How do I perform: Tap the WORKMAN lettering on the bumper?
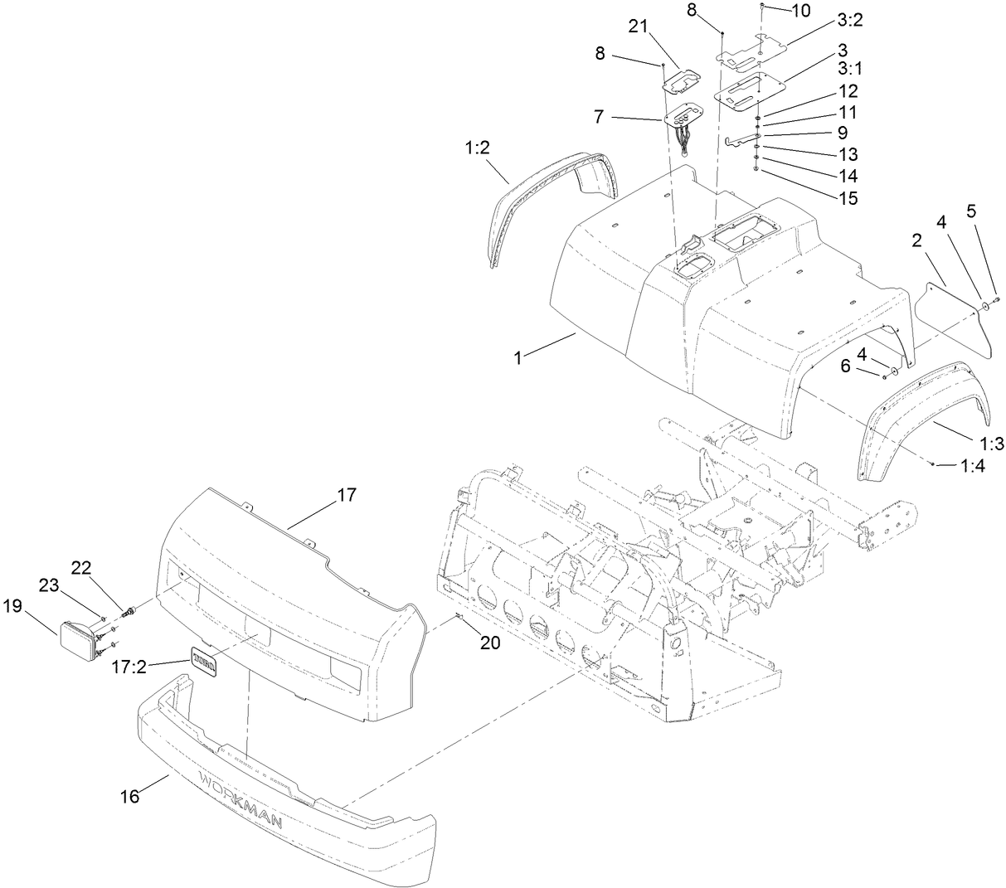click(x=241, y=798)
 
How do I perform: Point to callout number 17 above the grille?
click(x=346, y=495)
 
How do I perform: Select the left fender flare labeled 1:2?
click(x=531, y=207)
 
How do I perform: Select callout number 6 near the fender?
click(x=845, y=366)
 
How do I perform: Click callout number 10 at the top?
click(x=800, y=11)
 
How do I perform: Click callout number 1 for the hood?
click(x=517, y=358)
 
